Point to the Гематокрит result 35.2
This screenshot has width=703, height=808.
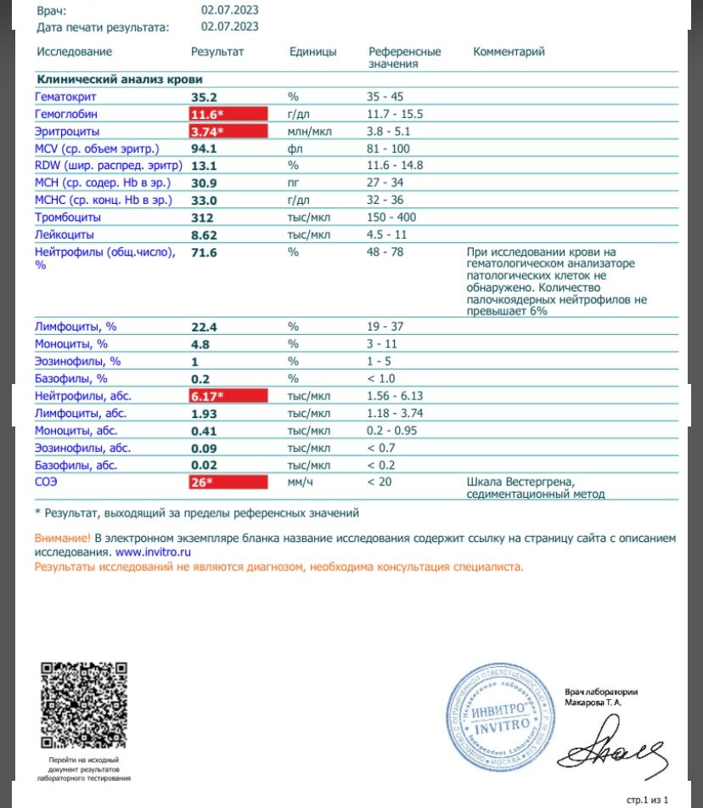205,97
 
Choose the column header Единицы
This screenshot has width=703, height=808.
312,52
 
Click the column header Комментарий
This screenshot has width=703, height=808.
509,52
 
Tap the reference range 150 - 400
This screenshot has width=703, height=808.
391,217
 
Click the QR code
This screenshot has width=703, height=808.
84,704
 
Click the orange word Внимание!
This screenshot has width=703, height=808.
62,539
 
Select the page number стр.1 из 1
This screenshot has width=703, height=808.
648,800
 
